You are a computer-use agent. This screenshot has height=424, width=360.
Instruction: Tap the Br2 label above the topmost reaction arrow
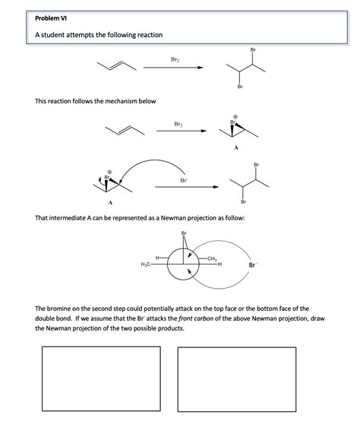(175, 59)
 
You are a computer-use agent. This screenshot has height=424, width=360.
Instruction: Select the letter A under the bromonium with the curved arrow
(110, 203)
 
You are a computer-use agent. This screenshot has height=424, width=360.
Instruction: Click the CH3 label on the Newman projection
(212, 258)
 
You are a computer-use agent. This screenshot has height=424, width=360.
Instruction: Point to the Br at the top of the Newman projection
(184, 233)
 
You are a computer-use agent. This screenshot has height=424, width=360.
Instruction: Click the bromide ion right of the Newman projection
(253, 264)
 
